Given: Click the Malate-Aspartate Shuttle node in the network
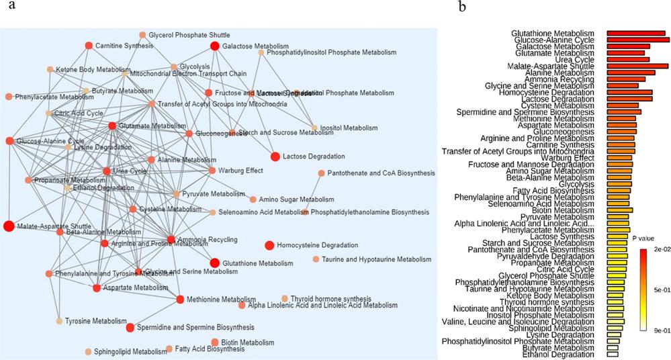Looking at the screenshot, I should point(9,226).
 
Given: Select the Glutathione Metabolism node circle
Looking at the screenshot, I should point(215,263).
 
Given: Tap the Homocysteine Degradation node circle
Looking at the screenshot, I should point(269,245).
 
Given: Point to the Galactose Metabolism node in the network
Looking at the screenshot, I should point(215,46).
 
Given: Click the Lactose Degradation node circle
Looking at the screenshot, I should point(275,156).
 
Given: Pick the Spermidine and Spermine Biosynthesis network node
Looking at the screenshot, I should point(130,328).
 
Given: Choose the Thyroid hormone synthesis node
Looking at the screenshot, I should point(285,299).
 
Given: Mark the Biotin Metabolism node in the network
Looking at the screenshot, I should point(215,343).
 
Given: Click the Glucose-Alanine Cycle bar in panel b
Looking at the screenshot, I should point(638,40).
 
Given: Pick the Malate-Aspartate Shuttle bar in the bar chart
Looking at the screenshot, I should point(637,66).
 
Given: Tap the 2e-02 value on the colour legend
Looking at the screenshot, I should point(659,249).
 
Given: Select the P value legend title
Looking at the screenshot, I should point(643,237).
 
